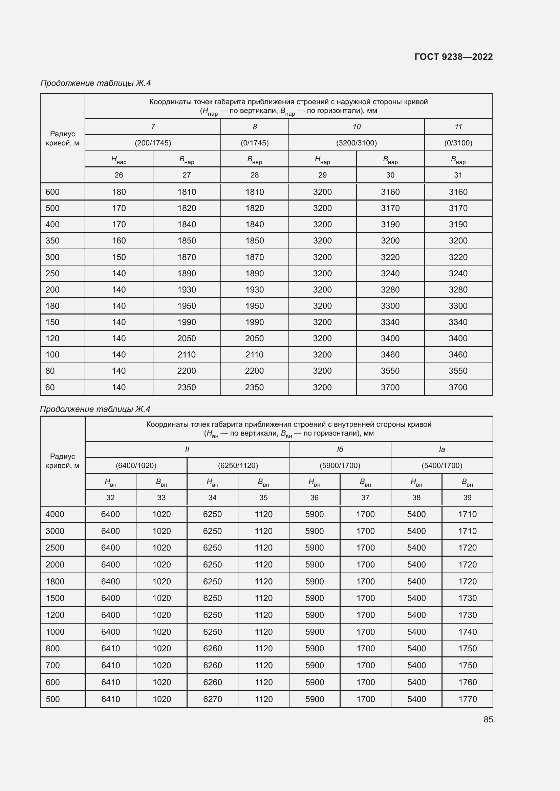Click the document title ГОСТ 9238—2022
pyautogui.click(x=453, y=57)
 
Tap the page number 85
pyautogui.click(x=488, y=719)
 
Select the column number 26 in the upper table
pyautogui.click(x=119, y=175)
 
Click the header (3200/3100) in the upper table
pyautogui.click(x=356, y=143)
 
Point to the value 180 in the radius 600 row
pyautogui.click(x=119, y=192)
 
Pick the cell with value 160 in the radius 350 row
pyautogui.click(x=119, y=240)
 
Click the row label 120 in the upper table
pyautogui.click(x=52, y=338)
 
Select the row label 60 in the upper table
pyautogui.click(x=50, y=387)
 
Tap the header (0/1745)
pyautogui.click(x=255, y=143)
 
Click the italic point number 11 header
pyautogui.click(x=458, y=127)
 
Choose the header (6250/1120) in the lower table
pyautogui.click(x=238, y=465)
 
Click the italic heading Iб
pyautogui.click(x=340, y=449)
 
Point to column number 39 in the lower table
pyautogui.click(x=467, y=497)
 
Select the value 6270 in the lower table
pyautogui.click(x=212, y=699)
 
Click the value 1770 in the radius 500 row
pyautogui.click(x=467, y=699)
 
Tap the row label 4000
pyautogui.click(x=55, y=514)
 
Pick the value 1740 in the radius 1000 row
pyautogui.click(x=467, y=632)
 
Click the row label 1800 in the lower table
pyautogui.click(x=55, y=582)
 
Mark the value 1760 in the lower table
pyautogui.click(x=467, y=682)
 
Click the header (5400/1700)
pyautogui.click(x=442, y=465)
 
